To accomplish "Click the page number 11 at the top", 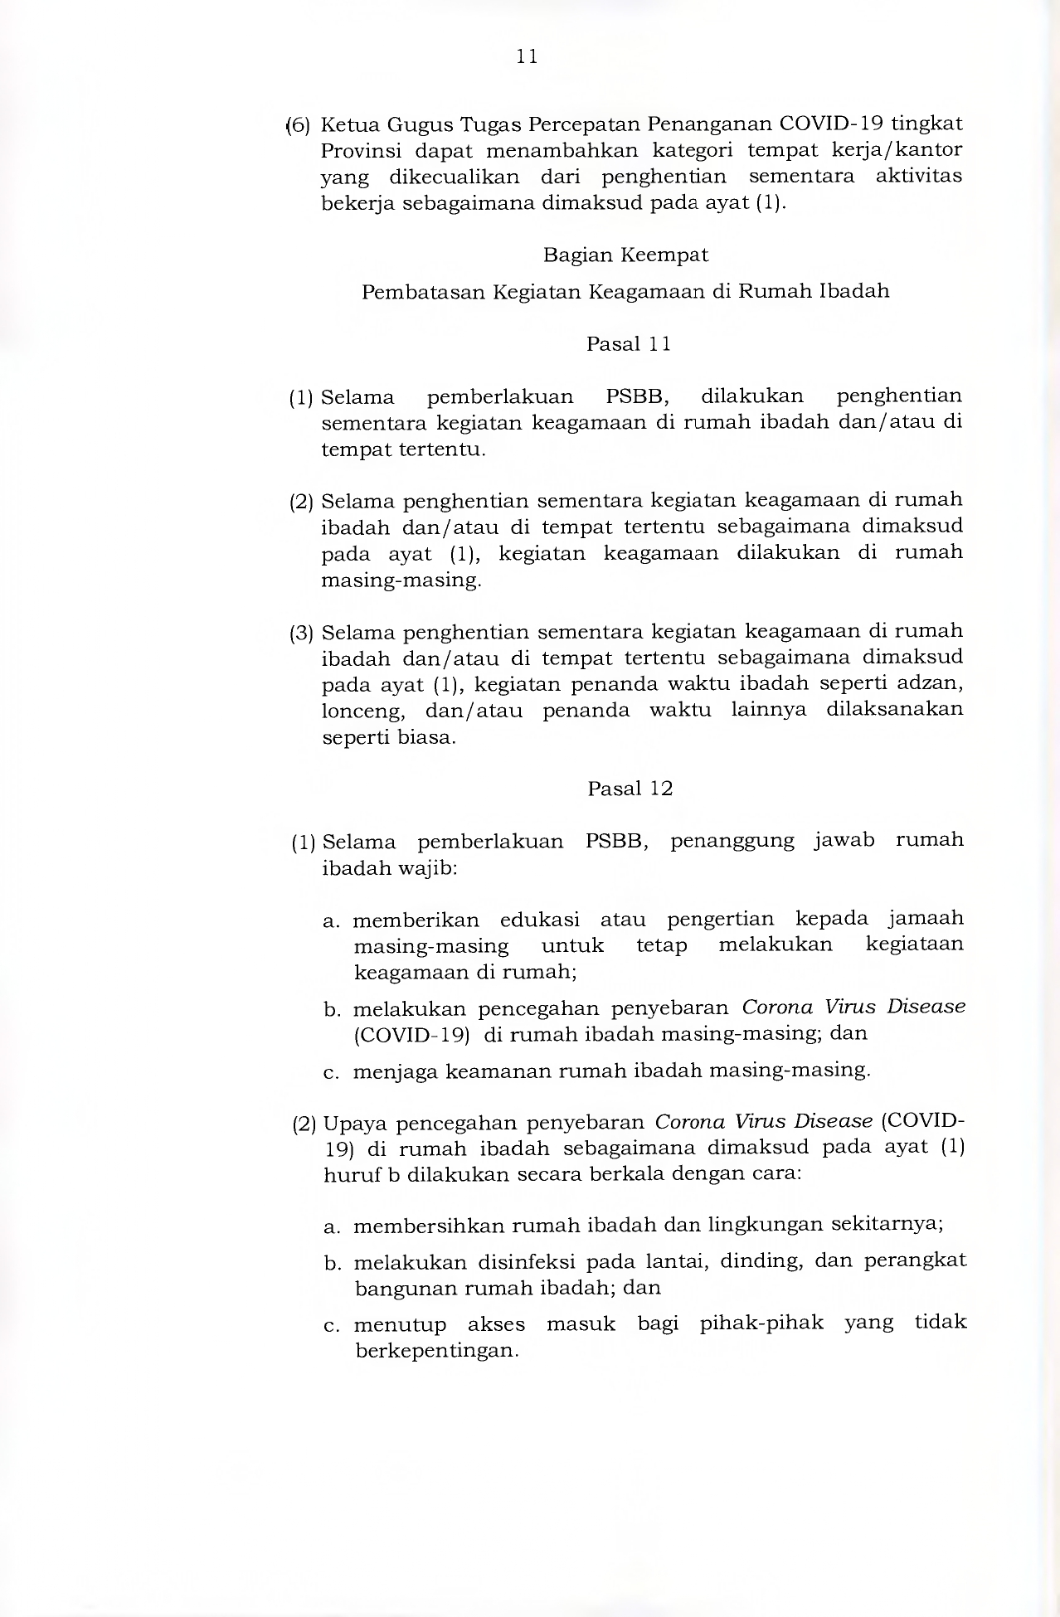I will click(527, 56).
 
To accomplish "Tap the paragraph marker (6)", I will click(298, 125).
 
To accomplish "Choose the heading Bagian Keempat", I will click(625, 255).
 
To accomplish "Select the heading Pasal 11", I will click(628, 344).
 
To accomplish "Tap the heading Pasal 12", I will click(630, 789).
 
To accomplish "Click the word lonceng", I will click(363, 711).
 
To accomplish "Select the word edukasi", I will click(539, 920).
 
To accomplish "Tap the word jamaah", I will click(926, 919).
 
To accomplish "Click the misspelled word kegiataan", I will click(914, 944).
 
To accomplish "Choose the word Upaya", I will click(354, 1124).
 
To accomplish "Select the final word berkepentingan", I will click(436, 1351).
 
